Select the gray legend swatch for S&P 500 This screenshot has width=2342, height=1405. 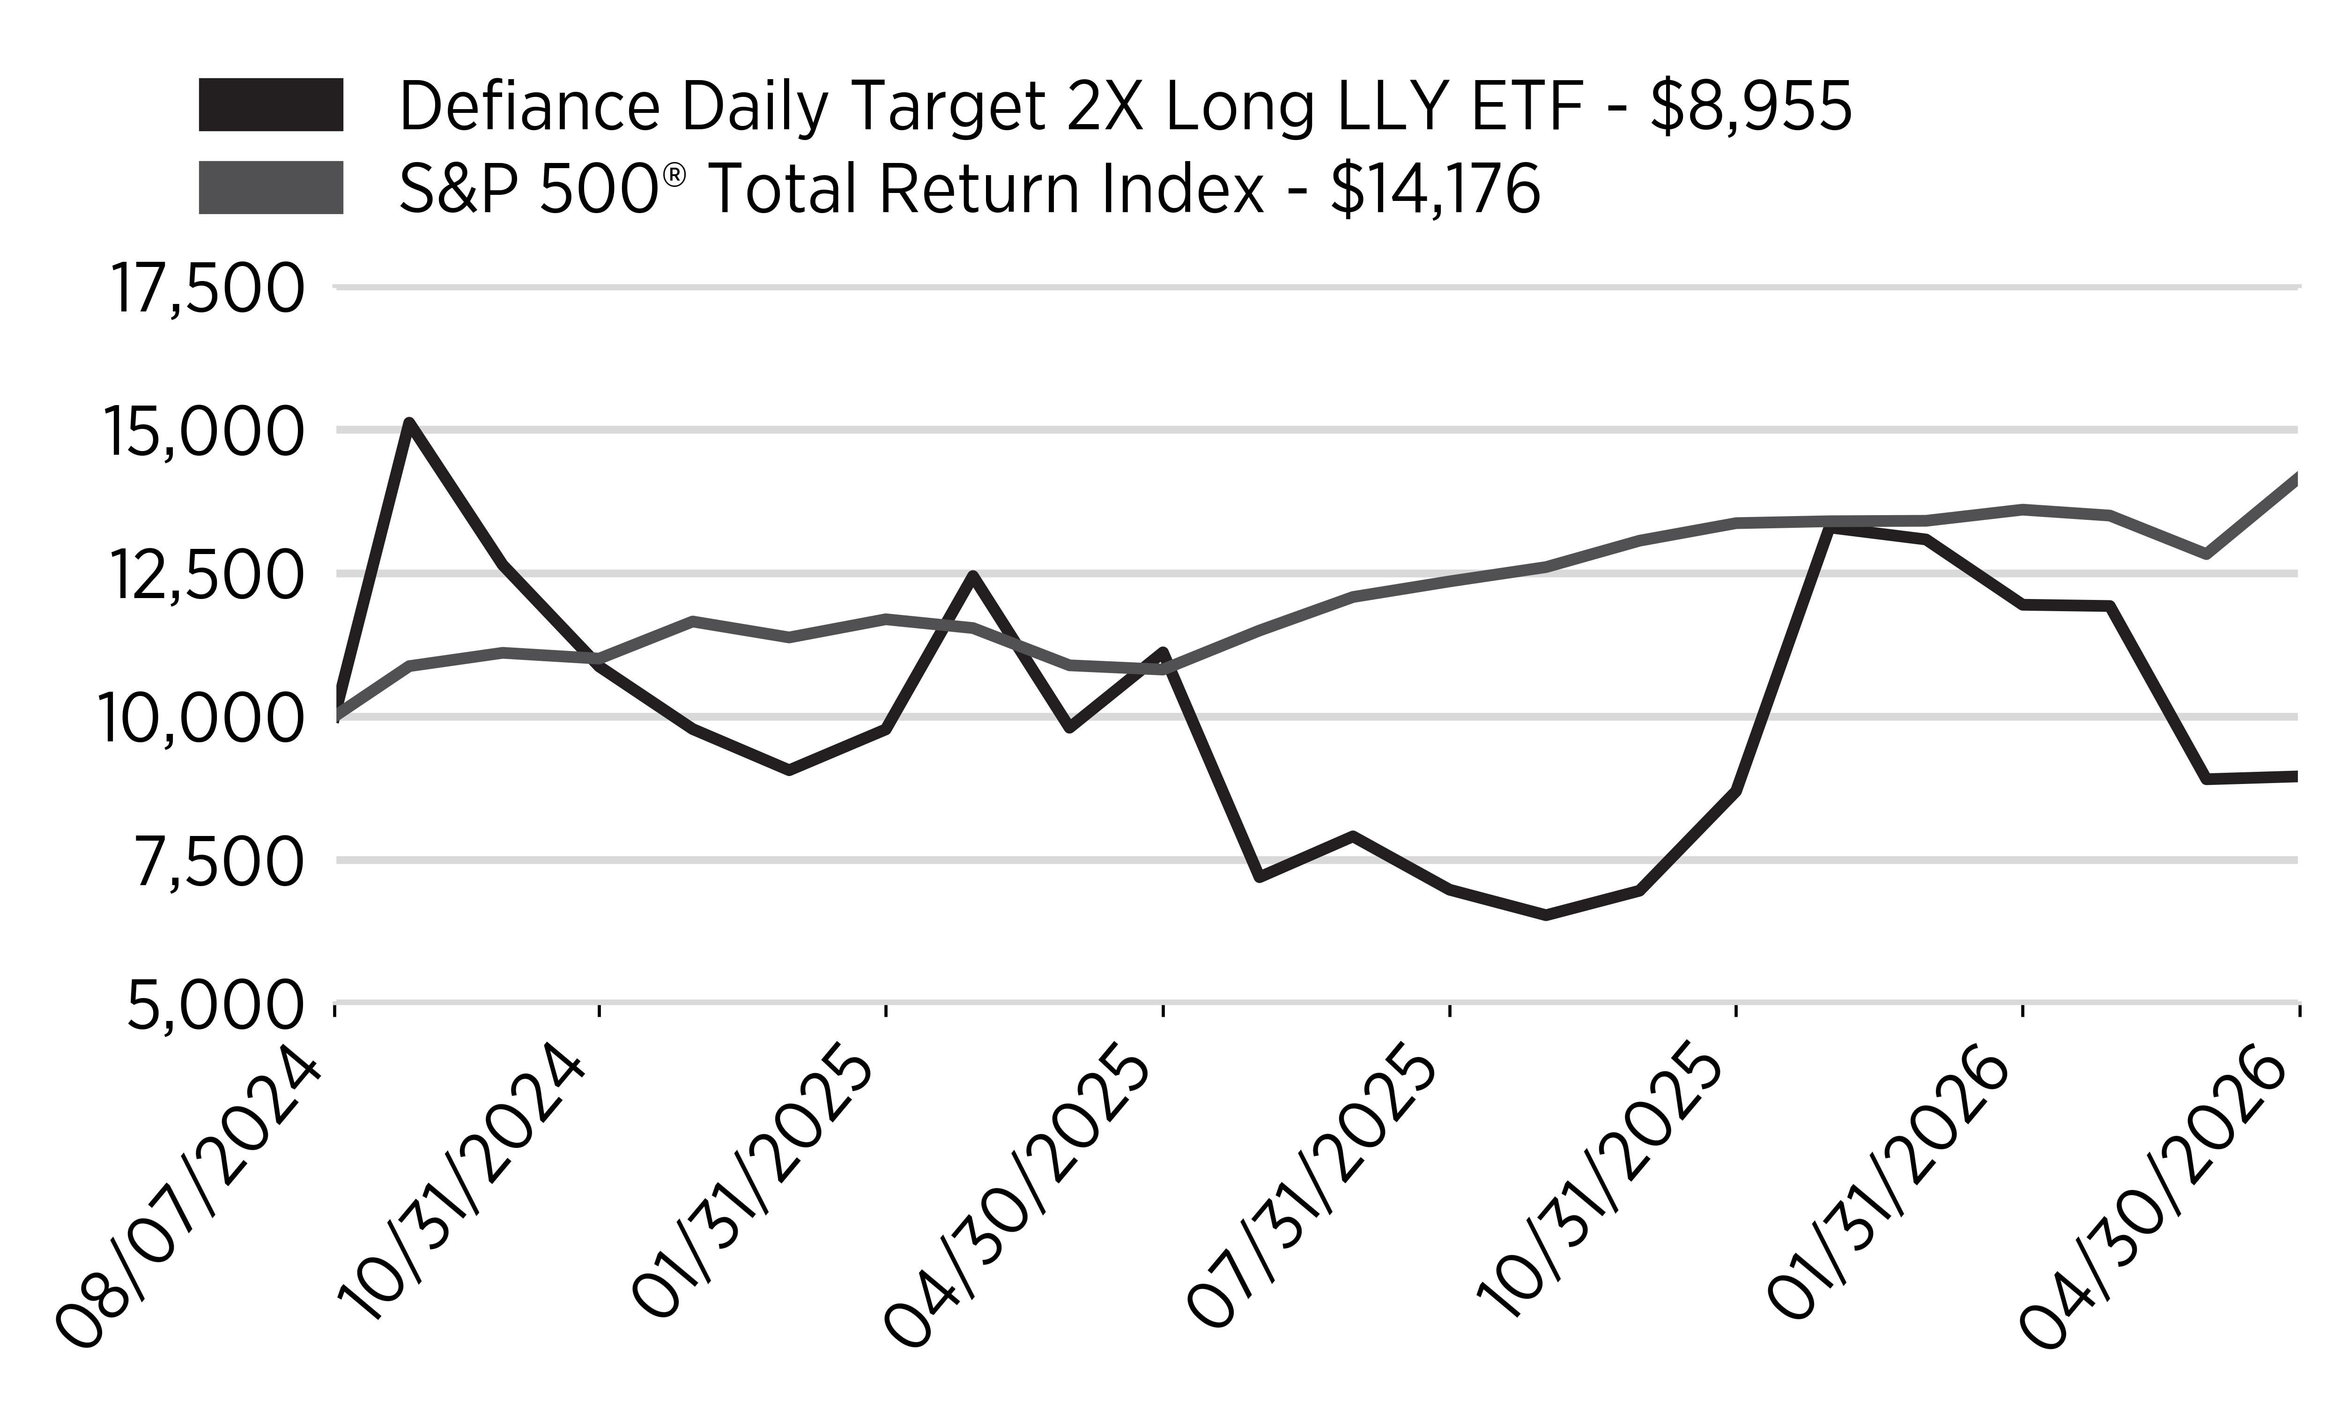tap(271, 187)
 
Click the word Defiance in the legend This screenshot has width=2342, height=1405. tap(528, 106)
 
